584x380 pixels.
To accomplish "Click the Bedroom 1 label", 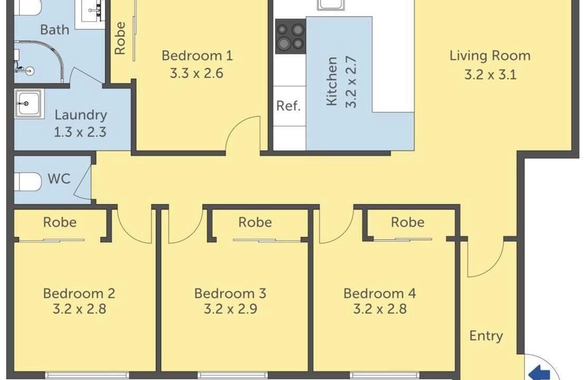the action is coord(197,56).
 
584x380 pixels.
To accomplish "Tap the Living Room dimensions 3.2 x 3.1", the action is coord(490,75).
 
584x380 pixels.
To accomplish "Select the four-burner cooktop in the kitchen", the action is coord(290,36).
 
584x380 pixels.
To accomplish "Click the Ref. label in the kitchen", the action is coord(288,106).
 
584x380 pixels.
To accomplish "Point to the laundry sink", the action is coord(29,103).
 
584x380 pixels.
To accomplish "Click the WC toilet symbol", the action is coord(27,182).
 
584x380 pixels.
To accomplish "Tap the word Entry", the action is coord(486,336).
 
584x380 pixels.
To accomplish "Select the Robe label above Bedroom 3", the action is coord(255,222).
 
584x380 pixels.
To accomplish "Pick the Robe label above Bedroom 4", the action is coord(408,222).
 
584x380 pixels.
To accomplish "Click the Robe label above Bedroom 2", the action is coord(60,222).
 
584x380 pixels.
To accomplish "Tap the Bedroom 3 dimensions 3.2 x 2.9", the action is coord(231,309).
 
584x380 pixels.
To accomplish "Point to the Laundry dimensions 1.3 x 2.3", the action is coord(80,132).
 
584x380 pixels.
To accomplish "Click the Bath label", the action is coord(55,30).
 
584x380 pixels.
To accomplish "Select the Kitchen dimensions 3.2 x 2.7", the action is coord(351,82).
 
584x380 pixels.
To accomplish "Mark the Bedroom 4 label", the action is coord(380,293).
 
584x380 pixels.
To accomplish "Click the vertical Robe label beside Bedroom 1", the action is coord(120,39).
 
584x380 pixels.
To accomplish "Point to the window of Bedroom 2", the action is coord(87,374).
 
